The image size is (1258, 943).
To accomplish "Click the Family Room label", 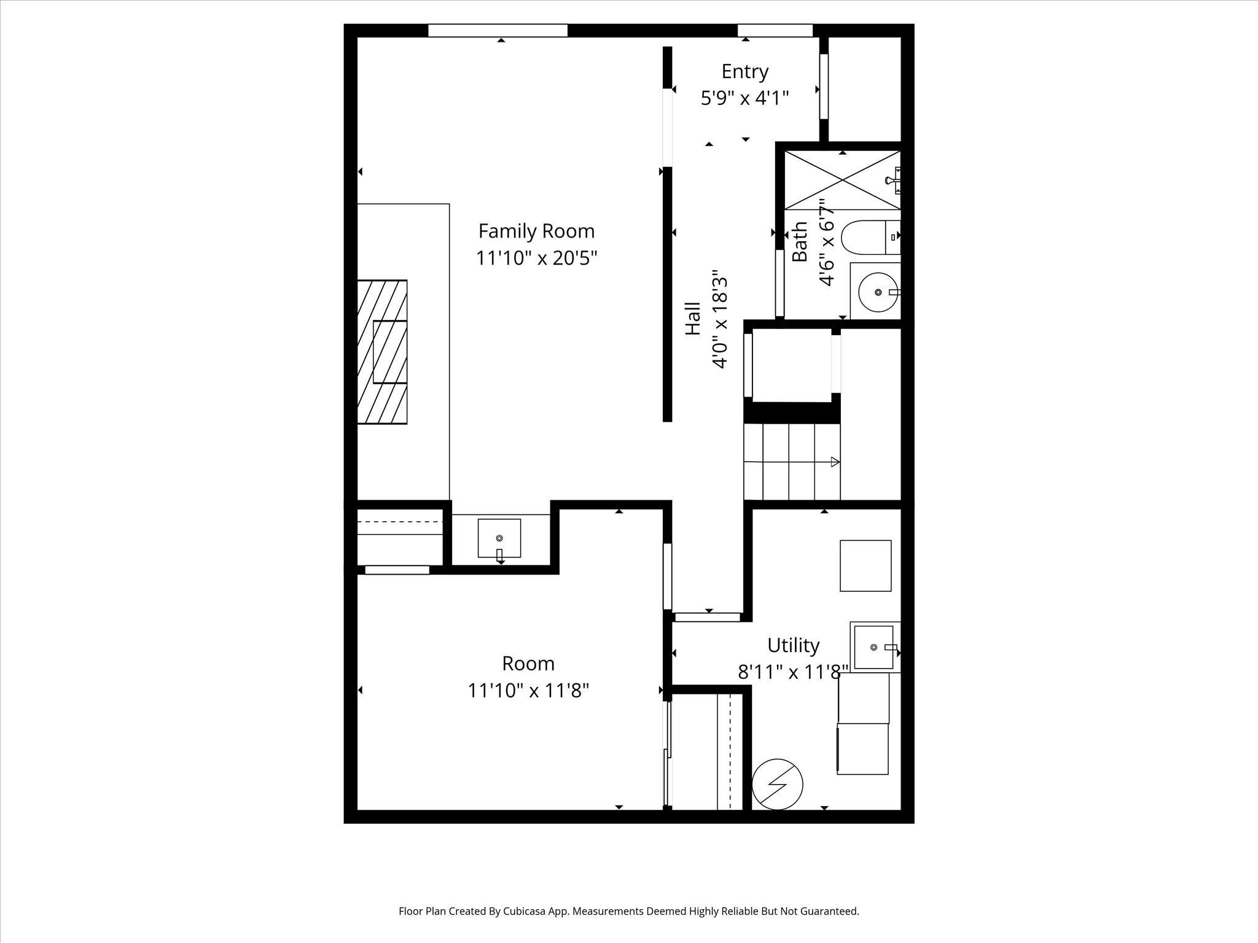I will tap(536, 231).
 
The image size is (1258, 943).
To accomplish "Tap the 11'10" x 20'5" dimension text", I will tap(536, 258).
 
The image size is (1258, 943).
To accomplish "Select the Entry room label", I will tap(744, 72).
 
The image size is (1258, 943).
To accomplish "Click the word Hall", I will tap(693, 318).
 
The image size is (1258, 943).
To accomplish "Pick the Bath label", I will tap(800, 241).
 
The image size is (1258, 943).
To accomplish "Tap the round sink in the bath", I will tap(878, 292).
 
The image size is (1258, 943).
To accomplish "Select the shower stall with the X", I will tap(842, 180).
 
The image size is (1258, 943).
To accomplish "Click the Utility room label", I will tap(793, 645).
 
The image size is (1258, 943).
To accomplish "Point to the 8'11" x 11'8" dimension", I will tap(793, 672).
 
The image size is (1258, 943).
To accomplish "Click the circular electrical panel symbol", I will tap(778, 784).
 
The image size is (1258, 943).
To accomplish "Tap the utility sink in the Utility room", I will tap(873, 647).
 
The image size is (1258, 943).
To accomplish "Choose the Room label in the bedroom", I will tap(528, 664).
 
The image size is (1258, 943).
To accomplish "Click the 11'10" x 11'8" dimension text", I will tap(528, 691).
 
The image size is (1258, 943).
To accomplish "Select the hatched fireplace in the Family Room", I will tap(383, 352).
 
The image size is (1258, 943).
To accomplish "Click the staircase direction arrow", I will tap(834, 462).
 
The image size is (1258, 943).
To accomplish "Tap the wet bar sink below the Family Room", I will tap(499, 538).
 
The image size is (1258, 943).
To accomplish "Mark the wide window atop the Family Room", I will tap(498, 30).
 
